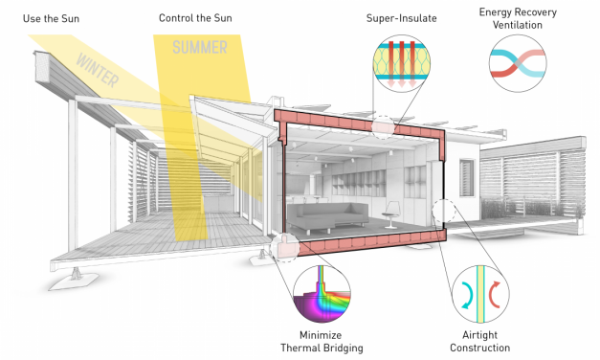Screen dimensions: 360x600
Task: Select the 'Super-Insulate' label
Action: [399, 18]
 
